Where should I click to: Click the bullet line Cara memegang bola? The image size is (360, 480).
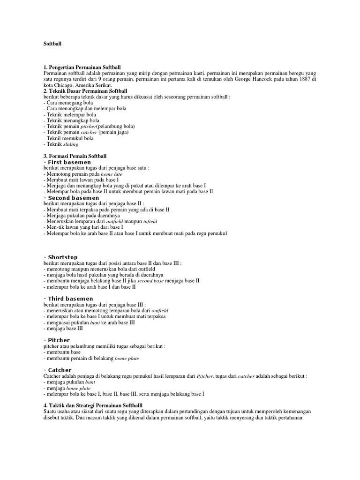[x=68, y=103]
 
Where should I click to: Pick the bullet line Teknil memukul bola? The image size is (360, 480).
[x=68, y=139]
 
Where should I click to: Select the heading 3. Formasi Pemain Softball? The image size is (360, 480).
[x=75, y=156]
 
